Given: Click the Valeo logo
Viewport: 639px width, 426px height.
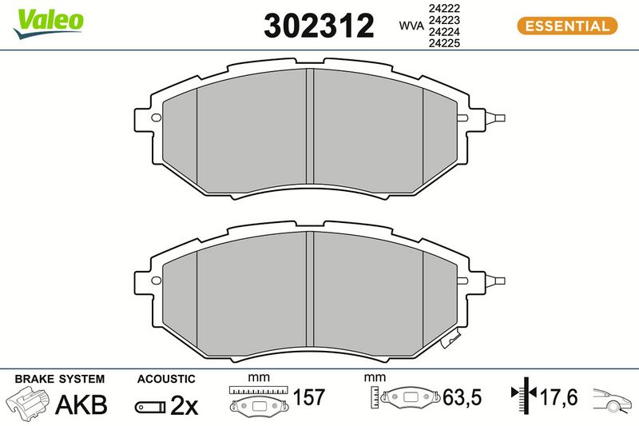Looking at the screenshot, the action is (x=49, y=24).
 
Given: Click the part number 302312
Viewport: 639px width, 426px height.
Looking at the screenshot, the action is (x=319, y=26).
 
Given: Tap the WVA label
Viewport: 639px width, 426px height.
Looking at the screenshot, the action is (x=411, y=26).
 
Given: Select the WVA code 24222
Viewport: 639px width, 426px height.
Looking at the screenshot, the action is (x=444, y=8).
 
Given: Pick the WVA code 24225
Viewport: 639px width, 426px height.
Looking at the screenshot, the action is (x=444, y=43).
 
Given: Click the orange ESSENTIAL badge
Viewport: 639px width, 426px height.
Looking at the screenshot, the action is (x=567, y=26).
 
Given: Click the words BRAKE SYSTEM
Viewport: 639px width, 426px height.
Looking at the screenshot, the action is (x=60, y=379).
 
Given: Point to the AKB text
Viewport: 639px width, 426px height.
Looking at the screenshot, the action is (x=81, y=404).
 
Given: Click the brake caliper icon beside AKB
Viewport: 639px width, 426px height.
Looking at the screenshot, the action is (x=29, y=403).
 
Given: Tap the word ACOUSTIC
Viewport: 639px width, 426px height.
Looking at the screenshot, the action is (x=166, y=379).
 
